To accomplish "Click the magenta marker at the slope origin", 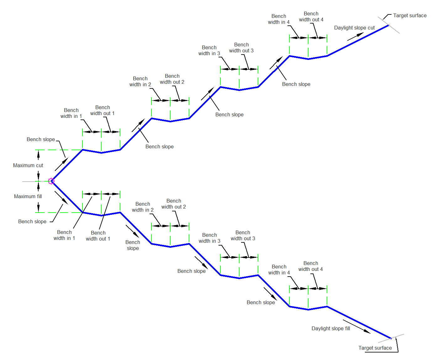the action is click(51, 181).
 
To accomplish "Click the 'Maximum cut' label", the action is click(28, 166).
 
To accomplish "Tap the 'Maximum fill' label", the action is click(28, 196).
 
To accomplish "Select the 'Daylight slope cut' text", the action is click(354, 28).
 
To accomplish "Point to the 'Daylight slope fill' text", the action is click(331, 328).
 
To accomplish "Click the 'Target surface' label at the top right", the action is click(410, 15).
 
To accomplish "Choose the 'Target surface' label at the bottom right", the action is click(375, 348).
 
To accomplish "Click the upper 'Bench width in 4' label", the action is click(279, 19).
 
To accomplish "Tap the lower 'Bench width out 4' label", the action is click(311, 266).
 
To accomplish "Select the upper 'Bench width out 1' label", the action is click(102, 110).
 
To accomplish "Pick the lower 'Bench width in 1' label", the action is click(64, 235).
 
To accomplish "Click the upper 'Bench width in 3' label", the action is click(209, 50).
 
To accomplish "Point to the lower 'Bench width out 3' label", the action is click(243, 236).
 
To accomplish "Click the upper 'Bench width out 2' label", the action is click(172, 79).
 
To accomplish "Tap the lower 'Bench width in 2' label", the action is click(143, 207).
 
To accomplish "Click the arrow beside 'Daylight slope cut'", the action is click(355, 37).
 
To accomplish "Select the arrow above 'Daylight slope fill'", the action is click(357, 327).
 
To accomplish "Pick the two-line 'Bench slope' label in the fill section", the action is click(133, 245).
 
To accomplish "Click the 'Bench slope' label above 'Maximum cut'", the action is click(41, 140).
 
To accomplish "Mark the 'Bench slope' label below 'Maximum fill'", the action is click(32, 222).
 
